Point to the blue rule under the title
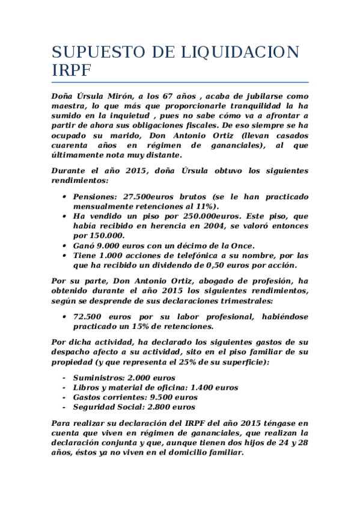(x=180, y=82)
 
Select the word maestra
(x=70, y=106)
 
